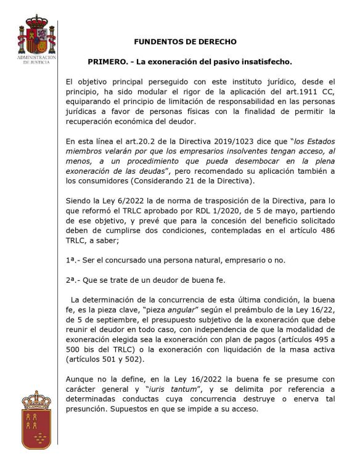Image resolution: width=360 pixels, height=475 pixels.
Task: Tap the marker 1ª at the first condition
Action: (72, 259)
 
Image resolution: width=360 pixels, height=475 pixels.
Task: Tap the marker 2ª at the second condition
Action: (72, 279)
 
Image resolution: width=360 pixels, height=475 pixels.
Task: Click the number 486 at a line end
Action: (329, 230)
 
